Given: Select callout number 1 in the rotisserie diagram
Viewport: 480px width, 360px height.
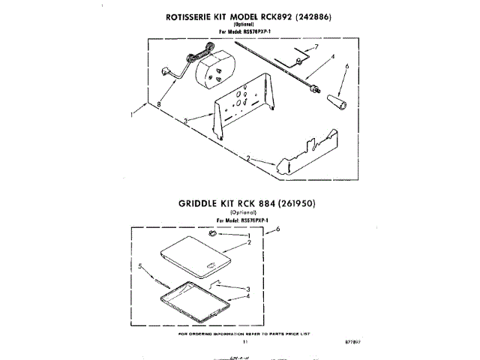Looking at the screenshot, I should (x=133, y=115).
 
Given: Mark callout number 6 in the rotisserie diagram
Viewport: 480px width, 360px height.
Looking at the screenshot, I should (x=346, y=67).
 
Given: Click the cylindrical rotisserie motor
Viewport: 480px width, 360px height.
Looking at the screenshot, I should (x=211, y=73).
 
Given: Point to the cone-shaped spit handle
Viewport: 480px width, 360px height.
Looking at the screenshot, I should (x=336, y=103).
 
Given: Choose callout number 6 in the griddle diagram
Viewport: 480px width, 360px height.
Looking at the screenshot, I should (x=277, y=229).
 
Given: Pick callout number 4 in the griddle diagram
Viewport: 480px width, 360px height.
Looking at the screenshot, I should (x=248, y=295).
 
